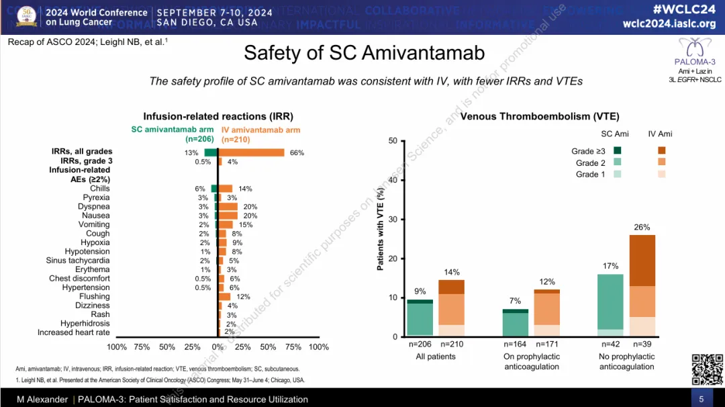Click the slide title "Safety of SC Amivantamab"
tap(364, 53)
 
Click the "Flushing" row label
tap(95, 296)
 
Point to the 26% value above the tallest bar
tap(642, 228)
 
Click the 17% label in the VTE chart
tap(610, 266)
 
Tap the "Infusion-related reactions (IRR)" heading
tap(218, 116)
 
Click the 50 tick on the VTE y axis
tap(393, 141)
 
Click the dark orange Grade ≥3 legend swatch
tap(661, 151)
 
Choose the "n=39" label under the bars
tap(642, 345)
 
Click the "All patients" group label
tap(436, 357)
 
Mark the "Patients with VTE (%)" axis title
tap(381, 230)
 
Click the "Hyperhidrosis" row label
tap(85, 323)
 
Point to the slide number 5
tap(702, 400)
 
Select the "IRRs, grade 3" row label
tap(86, 161)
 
